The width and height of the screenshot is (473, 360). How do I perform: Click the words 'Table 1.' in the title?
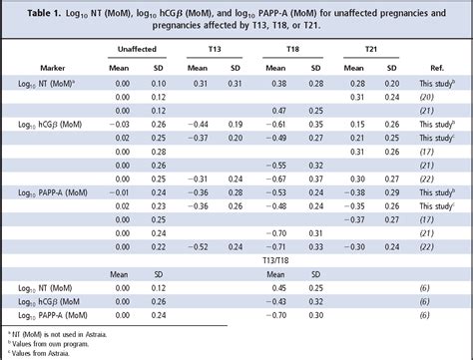coord(30,10)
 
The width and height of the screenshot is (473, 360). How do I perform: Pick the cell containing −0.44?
coord(198,124)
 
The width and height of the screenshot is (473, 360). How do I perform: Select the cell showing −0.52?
coord(198,245)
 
